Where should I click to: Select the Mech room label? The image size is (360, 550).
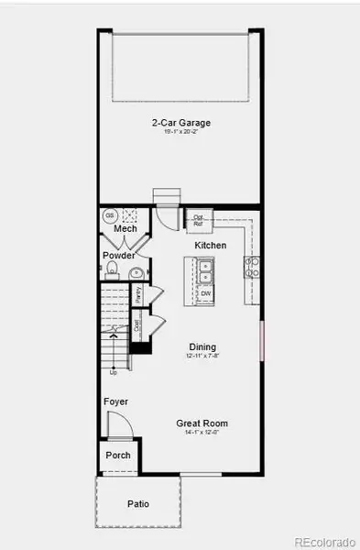point(113,228)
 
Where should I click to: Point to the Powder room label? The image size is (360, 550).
point(119,256)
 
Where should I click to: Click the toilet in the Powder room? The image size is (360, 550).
point(112,269)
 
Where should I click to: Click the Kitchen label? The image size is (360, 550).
point(211,246)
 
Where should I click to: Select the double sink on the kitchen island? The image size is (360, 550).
point(205,271)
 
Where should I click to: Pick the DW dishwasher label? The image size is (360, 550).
point(205,293)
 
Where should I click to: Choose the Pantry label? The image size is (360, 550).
point(138,294)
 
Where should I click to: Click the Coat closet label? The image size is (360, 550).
point(137,324)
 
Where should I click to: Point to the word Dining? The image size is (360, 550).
point(202,346)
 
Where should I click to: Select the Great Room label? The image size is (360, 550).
point(202,423)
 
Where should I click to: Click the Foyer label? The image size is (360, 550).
point(115,401)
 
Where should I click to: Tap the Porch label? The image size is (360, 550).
point(118,455)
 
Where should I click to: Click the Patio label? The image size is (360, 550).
point(137,504)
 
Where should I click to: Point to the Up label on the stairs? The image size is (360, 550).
point(114,372)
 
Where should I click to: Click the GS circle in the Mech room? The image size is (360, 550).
point(109,215)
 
